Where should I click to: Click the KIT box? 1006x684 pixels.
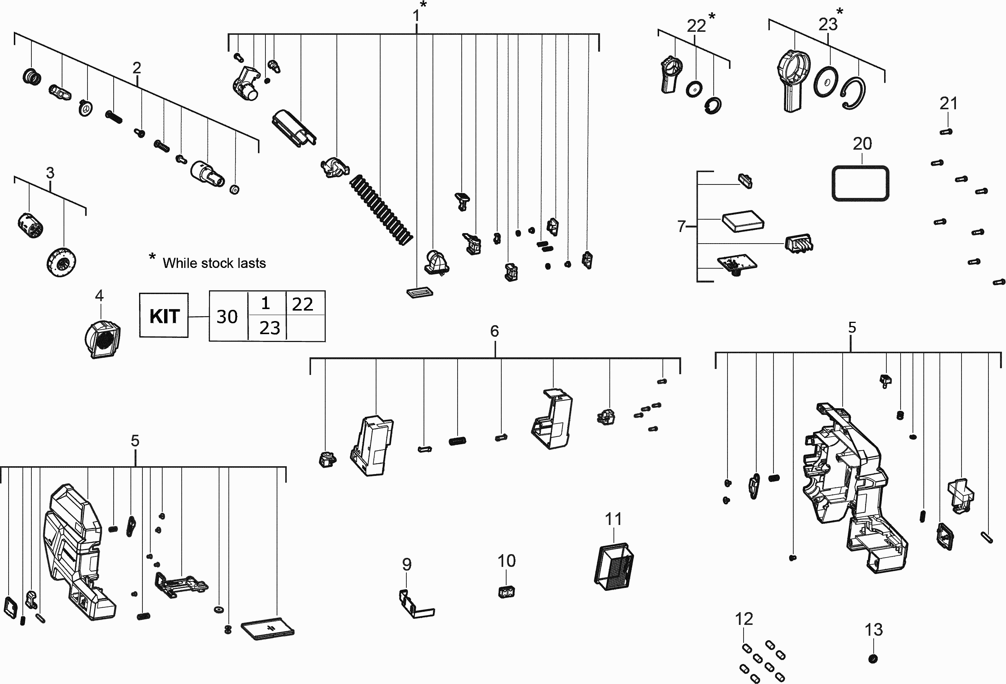point(164,316)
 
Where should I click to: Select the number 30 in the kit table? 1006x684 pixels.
point(227,317)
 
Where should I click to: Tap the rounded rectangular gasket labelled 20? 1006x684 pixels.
point(860,183)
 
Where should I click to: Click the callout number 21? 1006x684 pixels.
point(948,104)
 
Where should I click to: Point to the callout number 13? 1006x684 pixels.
point(873,630)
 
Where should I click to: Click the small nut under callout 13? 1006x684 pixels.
point(873,659)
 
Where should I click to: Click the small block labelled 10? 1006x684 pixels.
point(506,592)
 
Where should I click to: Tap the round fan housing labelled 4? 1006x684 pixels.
point(102,339)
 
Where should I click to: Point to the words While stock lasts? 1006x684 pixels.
point(214,263)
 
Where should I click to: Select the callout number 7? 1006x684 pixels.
point(682,226)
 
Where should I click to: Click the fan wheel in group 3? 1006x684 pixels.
point(61,262)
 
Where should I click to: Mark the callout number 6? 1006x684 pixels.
point(494,332)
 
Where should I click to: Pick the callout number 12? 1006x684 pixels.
point(744,619)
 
